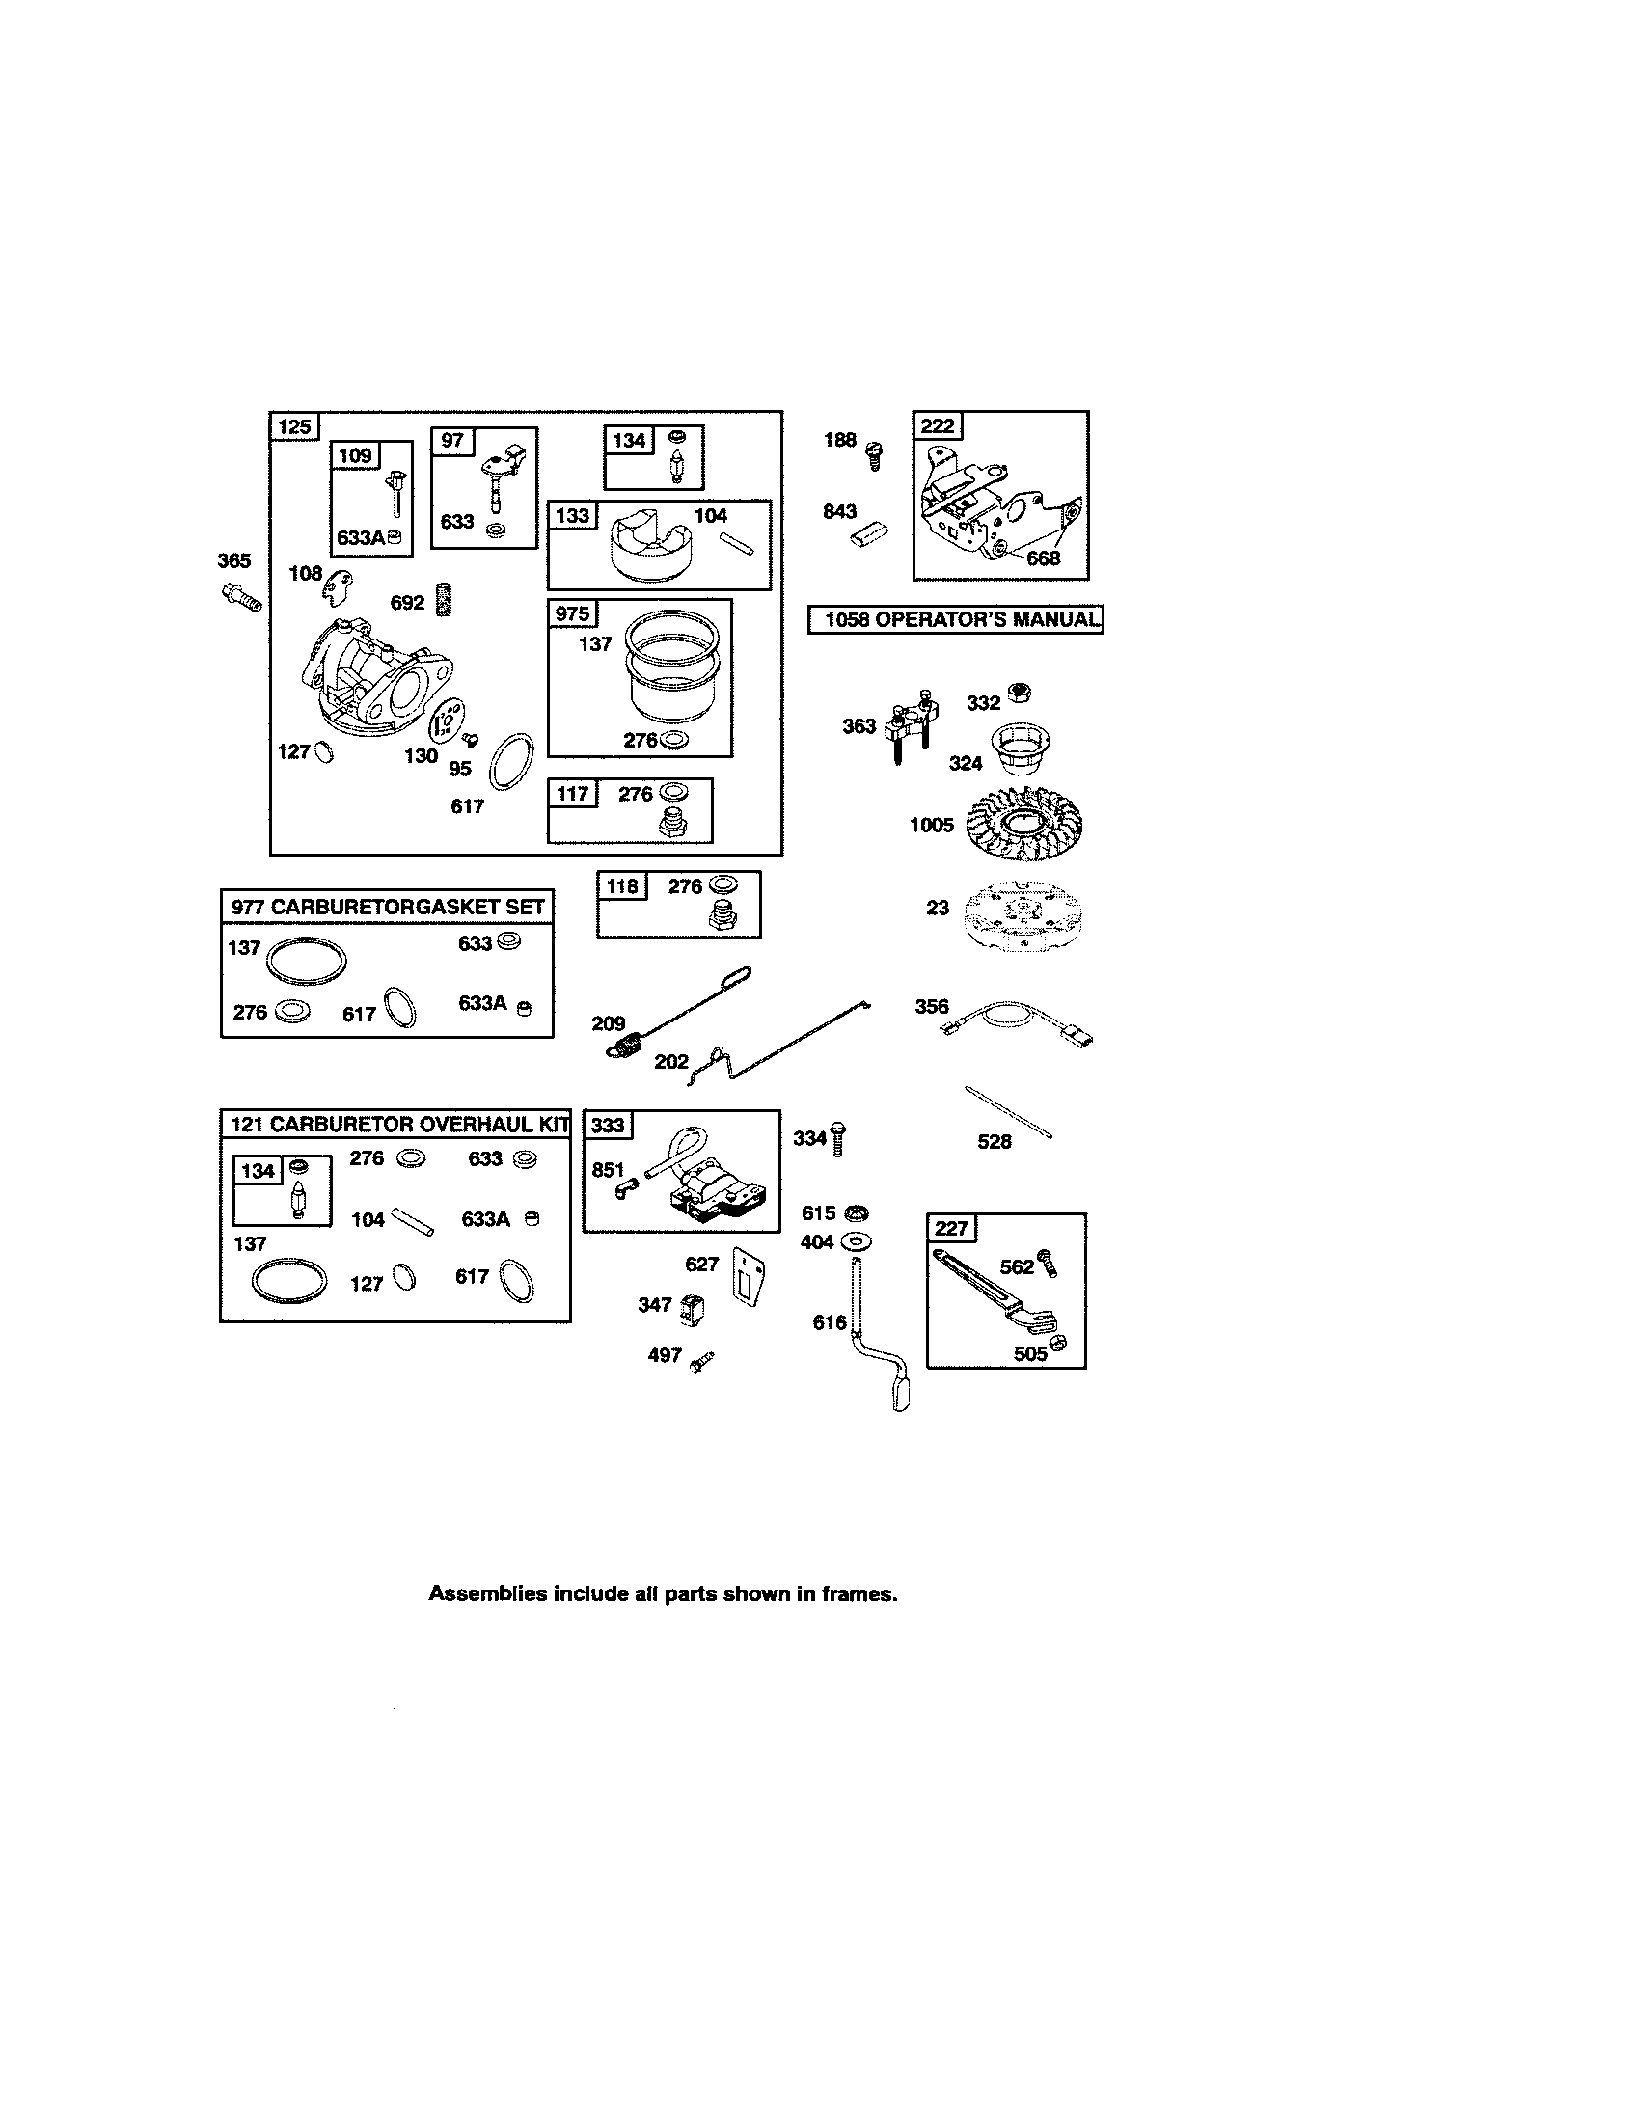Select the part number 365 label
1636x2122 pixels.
pyautogui.click(x=233, y=560)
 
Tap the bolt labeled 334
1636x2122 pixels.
pyautogui.click(x=838, y=1138)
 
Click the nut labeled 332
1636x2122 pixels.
pyautogui.click(x=1019, y=693)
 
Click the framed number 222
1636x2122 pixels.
pyautogui.click(x=937, y=425)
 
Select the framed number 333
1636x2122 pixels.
pyautogui.click(x=607, y=1125)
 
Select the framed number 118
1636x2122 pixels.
pyautogui.click(x=622, y=886)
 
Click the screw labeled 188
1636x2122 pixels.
pyautogui.click(x=873, y=452)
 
